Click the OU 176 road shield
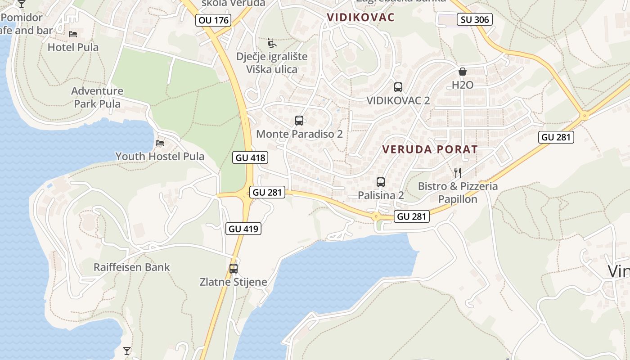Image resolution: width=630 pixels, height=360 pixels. pyautogui.click(x=214, y=20)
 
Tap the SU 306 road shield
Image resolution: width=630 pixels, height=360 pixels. pyautogui.click(x=475, y=19)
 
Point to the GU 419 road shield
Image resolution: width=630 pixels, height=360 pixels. pyautogui.click(x=243, y=229)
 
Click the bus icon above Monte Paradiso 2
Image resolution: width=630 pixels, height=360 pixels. pyautogui.click(x=299, y=121)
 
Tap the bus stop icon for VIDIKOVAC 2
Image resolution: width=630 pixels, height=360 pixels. pyautogui.click(x=398, y=87)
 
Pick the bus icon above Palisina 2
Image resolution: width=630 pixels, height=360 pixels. pyautogui.click(x=381, y=182)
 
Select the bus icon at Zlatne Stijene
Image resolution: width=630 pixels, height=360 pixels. pyautogui.click(x=234, y=269)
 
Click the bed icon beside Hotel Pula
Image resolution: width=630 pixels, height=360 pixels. pyautogui.click(x=73, y=34)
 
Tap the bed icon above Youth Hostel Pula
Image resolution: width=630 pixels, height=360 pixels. pyautogui.click(x=160, y=144)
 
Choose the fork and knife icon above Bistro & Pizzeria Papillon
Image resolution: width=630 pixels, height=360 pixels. pyautogui.click(x=458, y=173)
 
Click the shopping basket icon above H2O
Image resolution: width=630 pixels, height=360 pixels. pyautogui.click(x=463, y=72)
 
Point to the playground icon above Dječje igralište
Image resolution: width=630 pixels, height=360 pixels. pyautogui.click(x=272, y=43)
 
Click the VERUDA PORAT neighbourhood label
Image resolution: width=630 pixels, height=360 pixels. pyautogui.click(x=430, y=150)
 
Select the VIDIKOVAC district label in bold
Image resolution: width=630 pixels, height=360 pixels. pyautogui.click(x=360, y=18)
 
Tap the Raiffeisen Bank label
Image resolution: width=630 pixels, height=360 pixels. pyautogui.click(x=132, y=267)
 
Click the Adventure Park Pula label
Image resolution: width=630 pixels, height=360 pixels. pyautogui.click(x=97, y=97)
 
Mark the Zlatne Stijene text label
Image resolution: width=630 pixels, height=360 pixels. pyautogui.click(x=234, y=282)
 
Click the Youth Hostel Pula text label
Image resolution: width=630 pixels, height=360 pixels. pyautogui.click(x=160, y=157)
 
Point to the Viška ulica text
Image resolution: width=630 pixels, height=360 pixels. pyautogui.click(x=272, y=69)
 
